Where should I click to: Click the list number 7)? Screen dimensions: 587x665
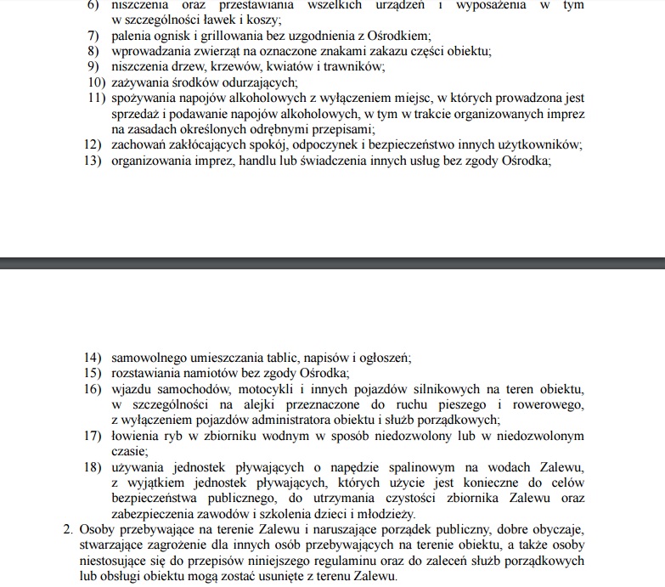[93, 36]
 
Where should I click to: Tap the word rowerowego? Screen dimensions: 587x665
[544, 404]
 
